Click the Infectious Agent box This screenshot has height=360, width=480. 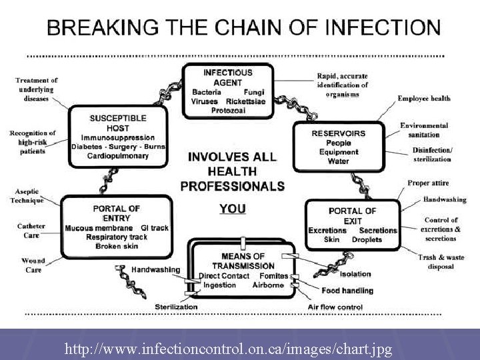228,90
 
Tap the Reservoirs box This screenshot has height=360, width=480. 339,147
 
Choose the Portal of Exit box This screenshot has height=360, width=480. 352,225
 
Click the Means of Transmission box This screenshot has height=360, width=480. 242,271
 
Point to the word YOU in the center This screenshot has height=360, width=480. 232,209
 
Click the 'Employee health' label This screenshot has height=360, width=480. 424,99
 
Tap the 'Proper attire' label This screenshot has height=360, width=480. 428,183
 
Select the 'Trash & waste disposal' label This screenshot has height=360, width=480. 436,262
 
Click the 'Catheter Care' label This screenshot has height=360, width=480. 31,231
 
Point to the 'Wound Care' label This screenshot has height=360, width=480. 33,265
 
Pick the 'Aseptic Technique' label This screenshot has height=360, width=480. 27,196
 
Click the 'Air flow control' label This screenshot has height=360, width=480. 335,307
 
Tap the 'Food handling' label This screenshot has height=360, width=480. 347,291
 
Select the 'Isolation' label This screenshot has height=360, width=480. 355,274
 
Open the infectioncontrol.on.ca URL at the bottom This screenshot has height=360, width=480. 228,349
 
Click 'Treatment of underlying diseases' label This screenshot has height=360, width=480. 36,89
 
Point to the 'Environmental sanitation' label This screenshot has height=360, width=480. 424,129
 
